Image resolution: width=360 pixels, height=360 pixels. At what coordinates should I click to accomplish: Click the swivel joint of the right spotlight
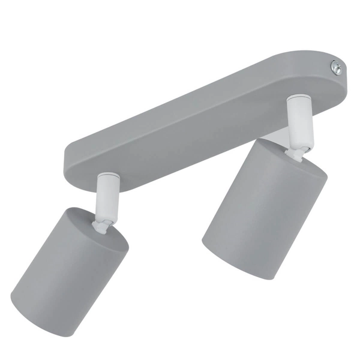[296, 153]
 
